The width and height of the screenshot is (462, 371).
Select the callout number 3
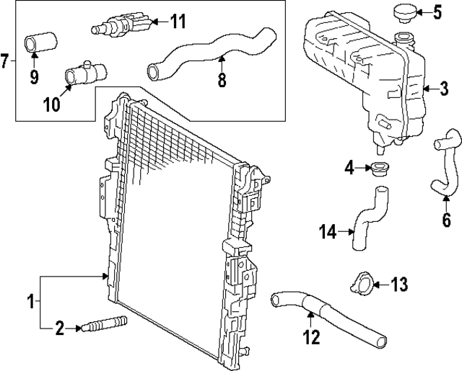[x=445, y=89]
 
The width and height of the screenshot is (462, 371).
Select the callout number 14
[x=328, y=231]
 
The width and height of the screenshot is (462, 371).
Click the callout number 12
[x=312, y=336]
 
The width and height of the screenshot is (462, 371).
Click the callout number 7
[x=5, y=60]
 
